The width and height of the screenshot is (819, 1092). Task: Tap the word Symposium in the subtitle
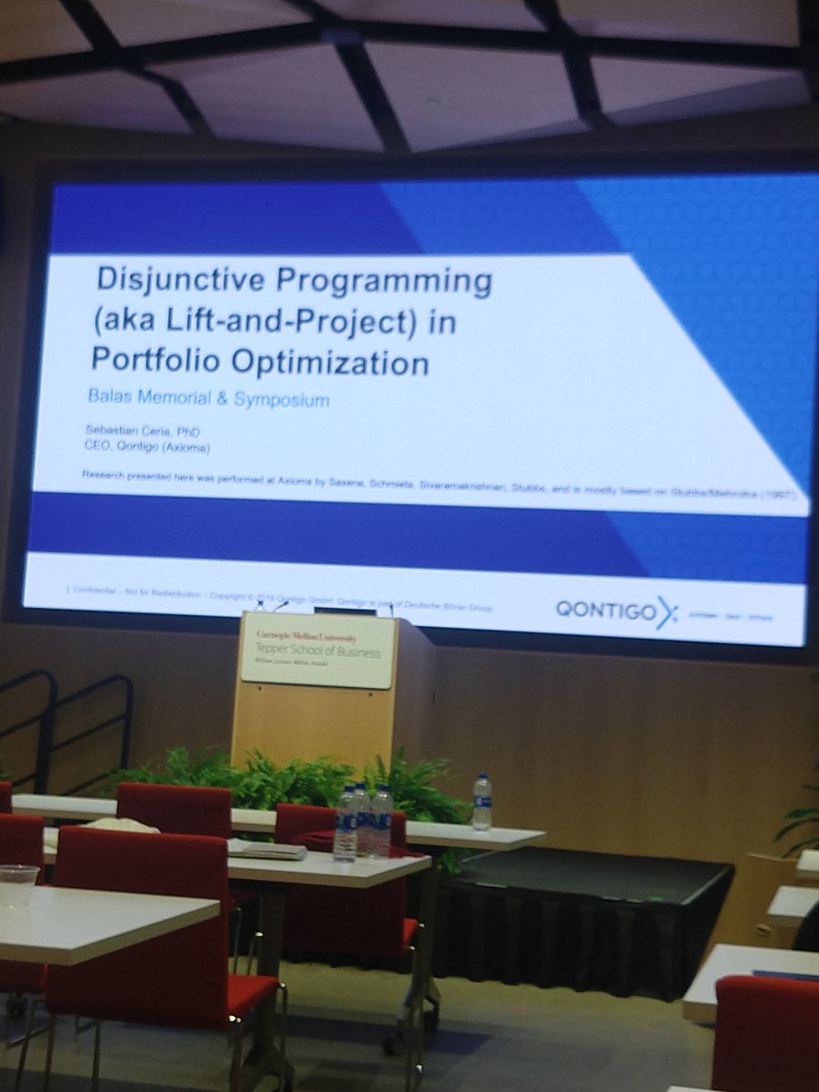[x=283, y=399]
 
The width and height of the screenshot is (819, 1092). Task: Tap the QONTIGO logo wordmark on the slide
[x=606, y=611]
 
